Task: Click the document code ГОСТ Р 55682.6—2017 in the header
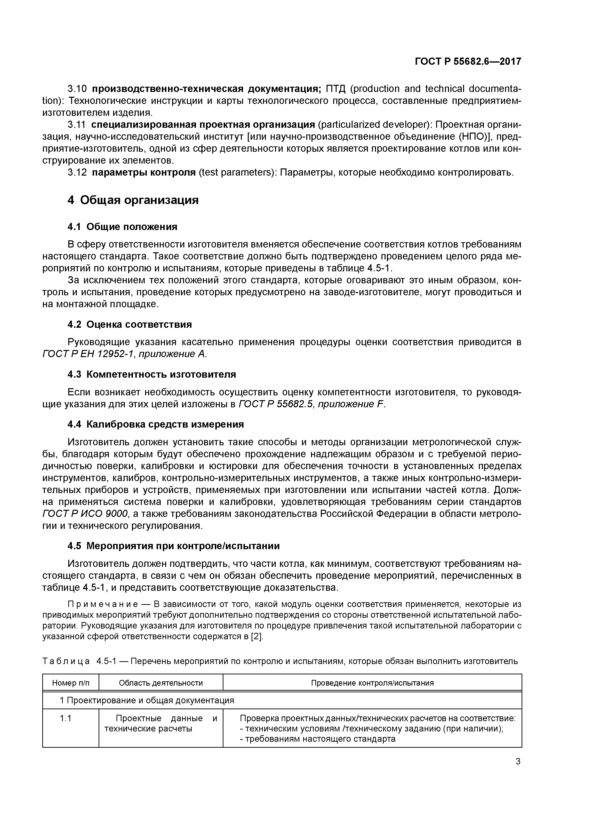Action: [x=468, y=62]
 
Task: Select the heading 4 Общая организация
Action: [x=133, y=200]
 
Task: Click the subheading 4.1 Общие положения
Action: [x=122, y=227]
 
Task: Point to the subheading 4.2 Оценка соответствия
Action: [x=129, y=324]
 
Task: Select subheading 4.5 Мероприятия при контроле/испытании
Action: [x=174, y=546]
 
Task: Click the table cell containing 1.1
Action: [x=66, y=718]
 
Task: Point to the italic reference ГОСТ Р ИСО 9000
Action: [x=85, y=514]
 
